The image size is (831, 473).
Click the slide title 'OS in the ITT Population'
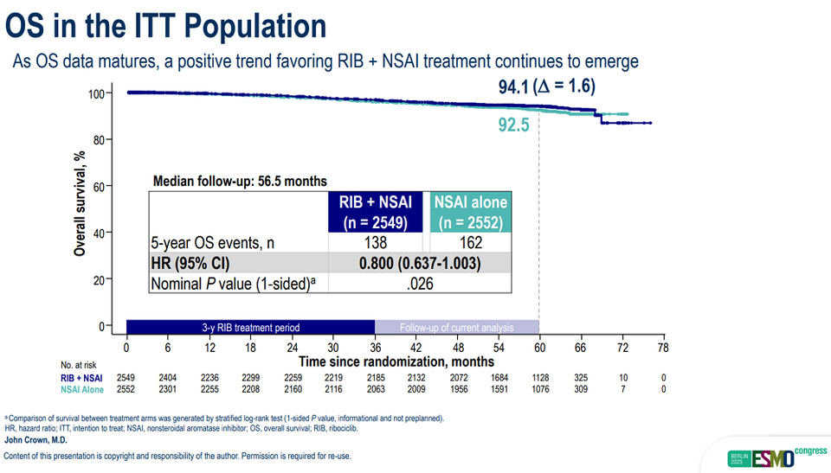[166, 26]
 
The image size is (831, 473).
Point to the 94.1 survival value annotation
[511, 86]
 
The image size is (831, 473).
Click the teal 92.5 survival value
[515, 125]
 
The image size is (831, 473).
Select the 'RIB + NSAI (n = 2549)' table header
[376, 212]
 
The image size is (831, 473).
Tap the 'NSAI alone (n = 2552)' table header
[470, 212]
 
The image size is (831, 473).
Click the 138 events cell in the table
[376, 244]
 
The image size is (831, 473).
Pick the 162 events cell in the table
[470, 244]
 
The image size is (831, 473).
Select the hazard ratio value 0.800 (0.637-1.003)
[420, 264]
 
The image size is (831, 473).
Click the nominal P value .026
[420, 284]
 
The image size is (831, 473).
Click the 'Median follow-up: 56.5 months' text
[240, 182]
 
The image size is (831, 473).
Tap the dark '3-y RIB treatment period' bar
[250, 328]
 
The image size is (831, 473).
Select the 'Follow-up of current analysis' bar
[456, 328]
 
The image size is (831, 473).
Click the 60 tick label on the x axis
[539, 348]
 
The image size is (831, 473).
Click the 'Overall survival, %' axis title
[80, 204]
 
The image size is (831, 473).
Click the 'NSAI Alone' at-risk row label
[81, 390]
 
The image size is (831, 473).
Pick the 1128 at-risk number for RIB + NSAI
[539, 378]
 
